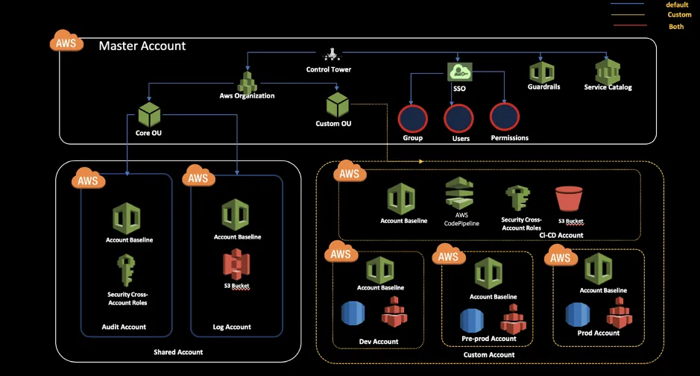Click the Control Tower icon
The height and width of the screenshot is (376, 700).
[x=329, y=55]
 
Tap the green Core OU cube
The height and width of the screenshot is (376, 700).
[x=150, y=115]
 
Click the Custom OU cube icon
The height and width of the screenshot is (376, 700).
[x=338, y=104]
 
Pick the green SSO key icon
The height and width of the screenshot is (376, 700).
[x=459, y=72]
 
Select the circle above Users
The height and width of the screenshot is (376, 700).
[x=458, y=118]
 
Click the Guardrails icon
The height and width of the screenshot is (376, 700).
[x=542, y=72]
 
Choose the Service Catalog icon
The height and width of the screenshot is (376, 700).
[x=608, y=72]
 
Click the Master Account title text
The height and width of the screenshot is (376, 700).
[x=142, y=46]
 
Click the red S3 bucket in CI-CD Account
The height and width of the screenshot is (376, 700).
[x=569, y=200]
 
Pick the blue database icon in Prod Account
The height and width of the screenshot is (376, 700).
[x=578, y=315]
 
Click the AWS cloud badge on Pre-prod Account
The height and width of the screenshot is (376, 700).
[x=449, y=256]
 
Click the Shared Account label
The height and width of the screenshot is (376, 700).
[x=177, y=352]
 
